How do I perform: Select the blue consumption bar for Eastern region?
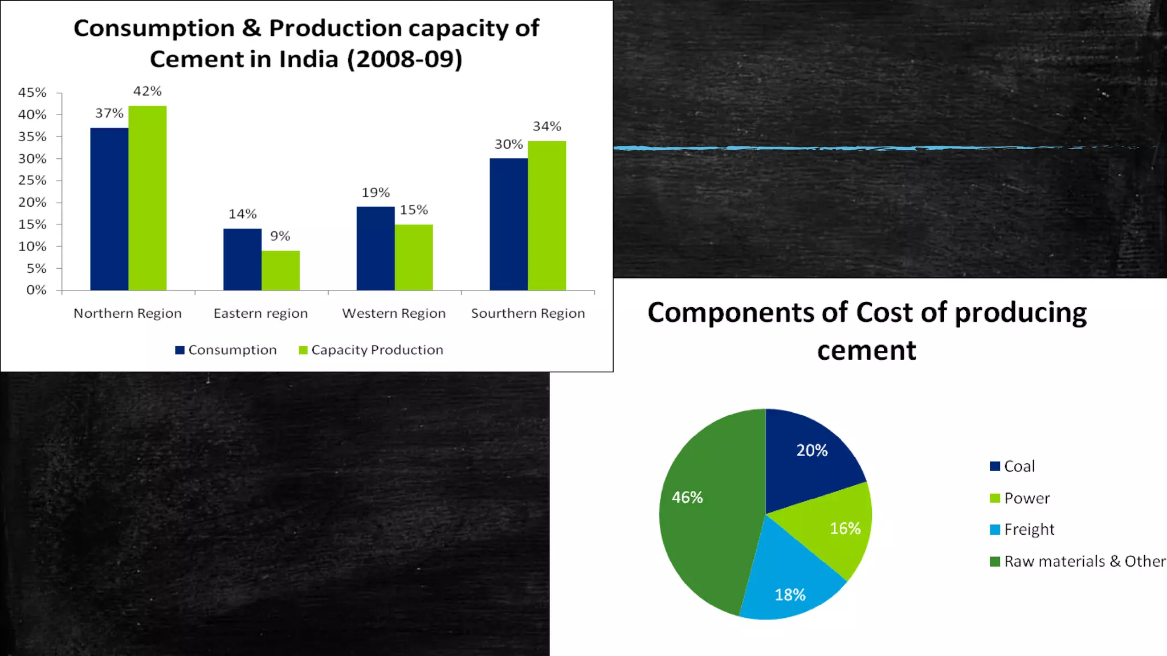242,260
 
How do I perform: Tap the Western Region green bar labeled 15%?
414,257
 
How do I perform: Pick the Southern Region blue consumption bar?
508,224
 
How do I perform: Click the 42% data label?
148,91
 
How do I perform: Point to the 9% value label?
280,236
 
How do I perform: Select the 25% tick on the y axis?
32,181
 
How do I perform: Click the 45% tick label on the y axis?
32,92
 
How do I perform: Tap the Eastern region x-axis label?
260,313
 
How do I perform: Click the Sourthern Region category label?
528,313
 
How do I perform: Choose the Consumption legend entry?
226,350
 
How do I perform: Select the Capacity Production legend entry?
371,350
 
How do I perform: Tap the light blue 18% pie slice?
789,587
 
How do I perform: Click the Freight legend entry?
1023,530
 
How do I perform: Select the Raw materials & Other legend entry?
1077,561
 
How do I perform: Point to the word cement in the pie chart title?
866,350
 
